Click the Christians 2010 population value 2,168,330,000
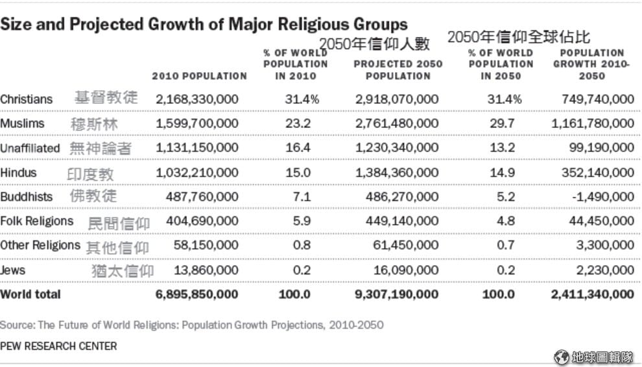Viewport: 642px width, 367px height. coord(197,99)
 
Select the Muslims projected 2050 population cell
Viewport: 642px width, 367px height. coord(397,123)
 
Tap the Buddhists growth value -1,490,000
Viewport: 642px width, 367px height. coord(603,197)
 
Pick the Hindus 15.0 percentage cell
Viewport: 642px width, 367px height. coord(298,173)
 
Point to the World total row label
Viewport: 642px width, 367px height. coord(30,294)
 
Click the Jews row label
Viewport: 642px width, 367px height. coord(13,270)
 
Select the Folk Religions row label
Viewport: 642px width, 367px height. coord(37,221)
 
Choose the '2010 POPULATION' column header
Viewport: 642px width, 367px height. coord(199,76)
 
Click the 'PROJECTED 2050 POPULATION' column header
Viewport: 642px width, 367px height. coord(398,70)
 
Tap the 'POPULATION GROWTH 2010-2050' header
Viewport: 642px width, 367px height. coord(591,64)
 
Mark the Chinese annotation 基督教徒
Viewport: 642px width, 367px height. coord(106,97)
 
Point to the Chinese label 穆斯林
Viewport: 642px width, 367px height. coord(94,124)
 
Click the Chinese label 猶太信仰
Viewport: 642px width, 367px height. coord(123,271)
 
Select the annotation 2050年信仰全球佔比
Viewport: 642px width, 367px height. coord(519,37)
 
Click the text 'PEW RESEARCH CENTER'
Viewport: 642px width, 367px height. coord(58,346)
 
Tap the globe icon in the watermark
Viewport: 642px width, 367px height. coord(562,357)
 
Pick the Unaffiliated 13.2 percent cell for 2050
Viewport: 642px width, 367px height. coord(503,147)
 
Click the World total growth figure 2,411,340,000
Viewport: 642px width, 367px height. coord(593,294)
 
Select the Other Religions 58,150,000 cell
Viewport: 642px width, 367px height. coord(206,246)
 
